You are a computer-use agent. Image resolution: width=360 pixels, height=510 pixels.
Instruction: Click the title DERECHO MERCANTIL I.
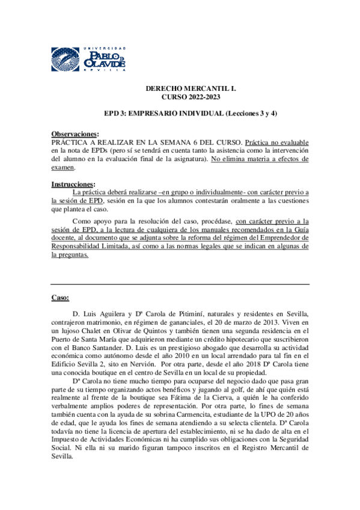coord(191,88)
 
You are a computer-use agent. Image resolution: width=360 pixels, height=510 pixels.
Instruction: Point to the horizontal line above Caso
coord(180,284)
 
